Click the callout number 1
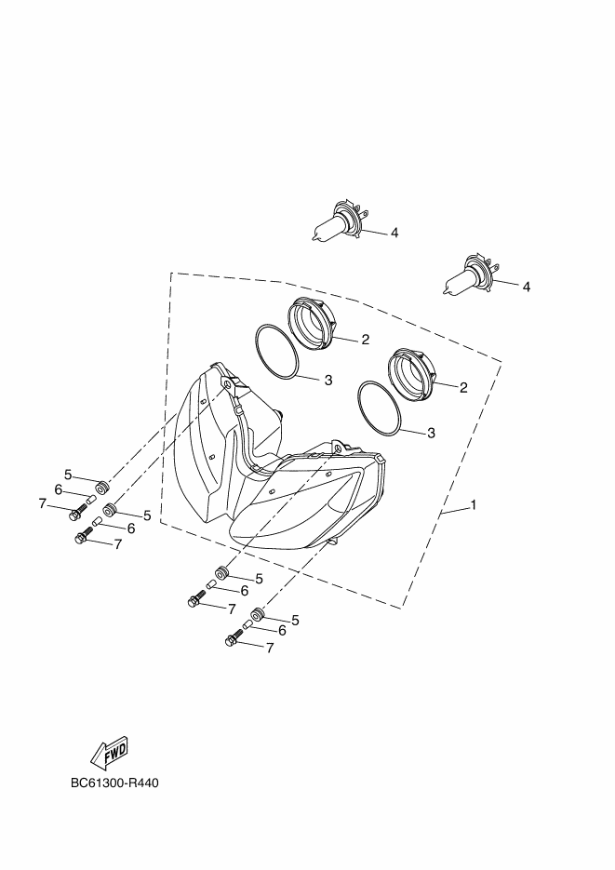pyautogui.click(x=474, y=505)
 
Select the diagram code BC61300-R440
pyautogui.click(x=114, y=783)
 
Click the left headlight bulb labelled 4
pyautogui.click(x=339, y=222)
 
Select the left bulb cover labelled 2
pyautogui.click(x=312, y=323)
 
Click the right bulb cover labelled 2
pyautogui.click(x=411, y=373)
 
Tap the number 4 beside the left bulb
pyautogui.click(x=394, y=233)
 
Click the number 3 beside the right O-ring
pyautogui.click(x=432, y=433)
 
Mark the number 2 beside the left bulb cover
pyautogui.click(x=365, y=340)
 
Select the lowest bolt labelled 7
pyautogui.click(x=234, y=636)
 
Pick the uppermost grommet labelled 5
pyautogui.click(x=102, y=489)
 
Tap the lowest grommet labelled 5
pyautogui.click(x=258, y=614)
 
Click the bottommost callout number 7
pyautogui.click(x=270, y=648)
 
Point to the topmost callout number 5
pyautogui.click(x=68, y=475)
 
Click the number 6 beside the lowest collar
pyautogui.click(x=282, y=630)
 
